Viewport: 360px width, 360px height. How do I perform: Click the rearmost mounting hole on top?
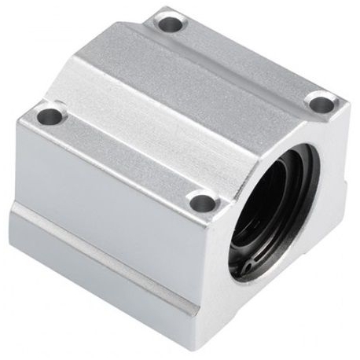[168, 24]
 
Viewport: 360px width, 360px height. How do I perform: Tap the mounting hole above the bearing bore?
[320, 101]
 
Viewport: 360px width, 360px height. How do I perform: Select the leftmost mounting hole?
[49, 116]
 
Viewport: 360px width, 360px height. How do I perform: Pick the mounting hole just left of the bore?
[202, 200]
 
